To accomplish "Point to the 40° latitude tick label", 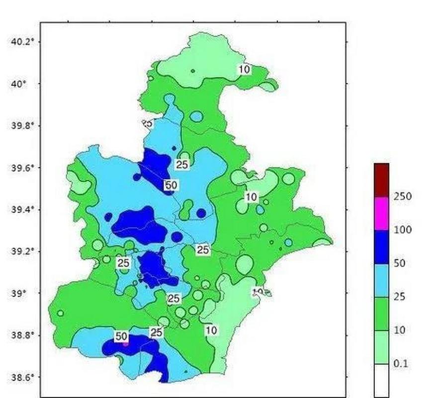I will coord(19,84).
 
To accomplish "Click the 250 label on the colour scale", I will coord(402,197).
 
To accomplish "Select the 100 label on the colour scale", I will coord(402,230).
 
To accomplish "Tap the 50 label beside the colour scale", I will coord(400,264).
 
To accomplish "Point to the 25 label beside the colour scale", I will coord(400,297).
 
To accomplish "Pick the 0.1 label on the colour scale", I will coord(401,364).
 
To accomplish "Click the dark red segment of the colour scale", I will coord(381,180).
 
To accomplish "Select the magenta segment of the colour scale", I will coord(381,213).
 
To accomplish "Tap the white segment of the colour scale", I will coord(381,380).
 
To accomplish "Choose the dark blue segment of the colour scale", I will coord(381,247).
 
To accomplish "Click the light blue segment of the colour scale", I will coord(381,281).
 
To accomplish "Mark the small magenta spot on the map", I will coord(125,343).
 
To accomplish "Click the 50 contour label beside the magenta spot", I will coord(121,337).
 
